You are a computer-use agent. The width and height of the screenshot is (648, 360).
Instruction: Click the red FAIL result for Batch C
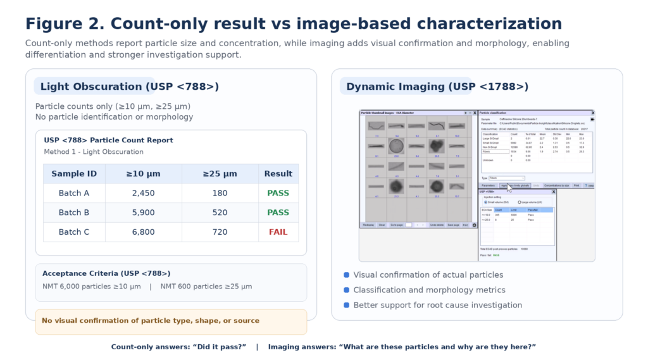click(x=278, y=232)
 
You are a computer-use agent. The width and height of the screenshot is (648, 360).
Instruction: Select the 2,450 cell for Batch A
click(x=144, y=193)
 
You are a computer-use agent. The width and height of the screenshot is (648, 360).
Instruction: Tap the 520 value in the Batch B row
click(x=220, y=213)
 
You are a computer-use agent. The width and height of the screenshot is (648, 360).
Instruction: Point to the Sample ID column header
click(x=74, y=174)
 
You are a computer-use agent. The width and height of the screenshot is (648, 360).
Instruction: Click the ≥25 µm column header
click(x=220, y=174)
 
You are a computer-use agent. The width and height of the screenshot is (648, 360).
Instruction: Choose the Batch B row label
click(x=74, y=213)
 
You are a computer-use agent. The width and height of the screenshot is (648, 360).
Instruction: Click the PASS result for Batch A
click(x=278, y=193)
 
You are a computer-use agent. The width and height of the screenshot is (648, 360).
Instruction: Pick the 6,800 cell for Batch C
click(x=144, y=232)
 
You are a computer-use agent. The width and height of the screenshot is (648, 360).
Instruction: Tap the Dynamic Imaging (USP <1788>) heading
click(x=437, y=87)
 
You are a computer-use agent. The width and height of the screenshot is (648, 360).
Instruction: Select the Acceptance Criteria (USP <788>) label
click(x=106, y=274)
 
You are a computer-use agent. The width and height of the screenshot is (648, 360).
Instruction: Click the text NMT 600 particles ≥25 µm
click(x=206, y=287)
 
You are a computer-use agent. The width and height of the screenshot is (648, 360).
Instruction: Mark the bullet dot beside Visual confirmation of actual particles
click(x=346, y=275)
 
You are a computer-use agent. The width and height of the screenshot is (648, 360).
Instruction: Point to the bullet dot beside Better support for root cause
click(x=346, y=306)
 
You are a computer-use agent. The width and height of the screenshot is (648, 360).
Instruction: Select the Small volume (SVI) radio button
click(x=486, y=202)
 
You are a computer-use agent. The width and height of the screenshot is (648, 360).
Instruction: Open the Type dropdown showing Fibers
click(x=507, y=178)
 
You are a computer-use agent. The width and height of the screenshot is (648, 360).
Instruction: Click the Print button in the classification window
click(x=577, y=185)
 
